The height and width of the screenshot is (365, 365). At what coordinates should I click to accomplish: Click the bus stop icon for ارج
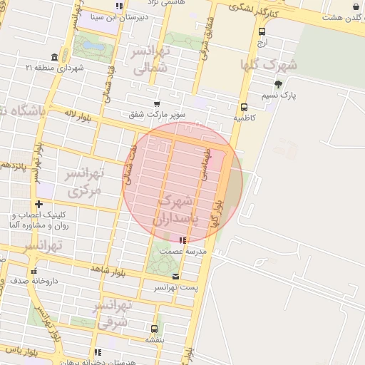click(262, 31)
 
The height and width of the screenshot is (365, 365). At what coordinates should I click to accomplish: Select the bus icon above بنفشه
click(154, 329)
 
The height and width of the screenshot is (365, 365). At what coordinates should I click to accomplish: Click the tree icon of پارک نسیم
click(278, 84)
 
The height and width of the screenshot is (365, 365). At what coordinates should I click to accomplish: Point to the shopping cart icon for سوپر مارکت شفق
click(158, 103)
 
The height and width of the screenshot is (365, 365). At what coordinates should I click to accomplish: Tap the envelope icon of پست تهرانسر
click(176, 276)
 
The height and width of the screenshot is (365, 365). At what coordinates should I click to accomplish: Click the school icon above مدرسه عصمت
click(182, 241)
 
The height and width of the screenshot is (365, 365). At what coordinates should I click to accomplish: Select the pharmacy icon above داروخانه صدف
click(34, 270)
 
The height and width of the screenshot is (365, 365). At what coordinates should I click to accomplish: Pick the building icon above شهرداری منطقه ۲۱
click(55, 57)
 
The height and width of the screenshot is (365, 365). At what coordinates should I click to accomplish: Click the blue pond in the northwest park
click(91, 46)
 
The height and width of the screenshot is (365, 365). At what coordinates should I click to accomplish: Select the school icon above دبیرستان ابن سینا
click(119, 6)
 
